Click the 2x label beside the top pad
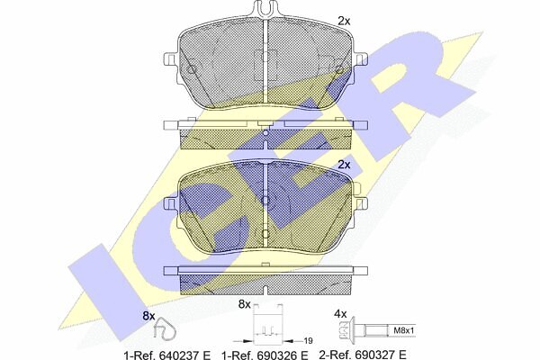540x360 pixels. point(344,22)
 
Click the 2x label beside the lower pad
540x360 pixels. point(344,165)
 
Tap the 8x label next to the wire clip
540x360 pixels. point(149,316)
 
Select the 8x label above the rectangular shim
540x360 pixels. point(245,304)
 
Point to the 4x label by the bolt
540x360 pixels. point(340,314)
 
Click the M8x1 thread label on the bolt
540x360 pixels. point(403,330)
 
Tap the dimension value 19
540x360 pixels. point(308,341)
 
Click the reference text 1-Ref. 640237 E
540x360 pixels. point(167,355)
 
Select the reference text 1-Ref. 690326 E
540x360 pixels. point(265,355)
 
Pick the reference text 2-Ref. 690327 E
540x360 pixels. point(363,355)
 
